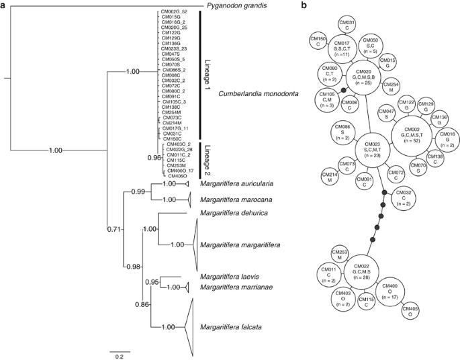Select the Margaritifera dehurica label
[x=228, y=214]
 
